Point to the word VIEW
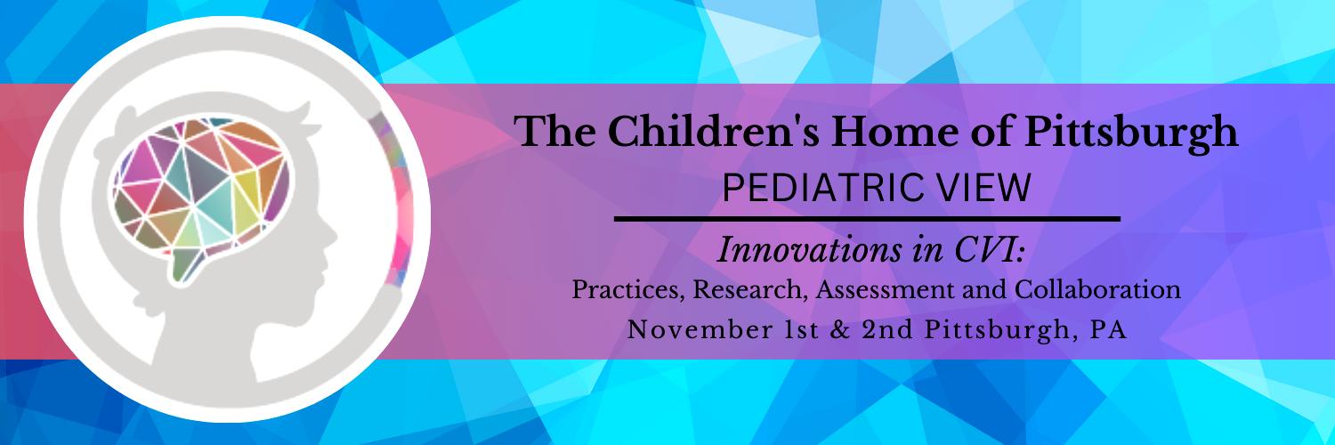pos(980,188)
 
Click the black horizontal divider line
pos(867,219)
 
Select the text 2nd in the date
pos(887,329)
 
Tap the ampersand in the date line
pos(840,329)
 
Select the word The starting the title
pos(556,133)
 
